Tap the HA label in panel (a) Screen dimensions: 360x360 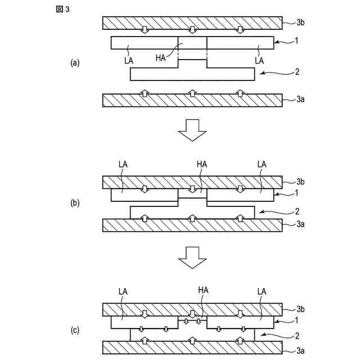click(x=161, y=58)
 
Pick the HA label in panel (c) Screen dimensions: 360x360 click(x=204, y=291)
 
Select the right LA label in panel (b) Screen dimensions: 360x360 click(x=262, y=164)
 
